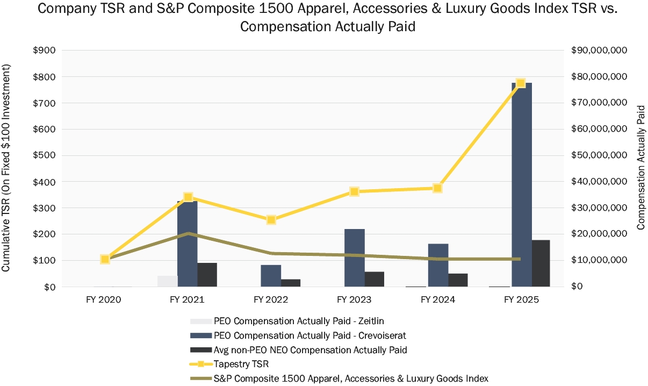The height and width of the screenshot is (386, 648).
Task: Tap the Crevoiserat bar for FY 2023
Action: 355,258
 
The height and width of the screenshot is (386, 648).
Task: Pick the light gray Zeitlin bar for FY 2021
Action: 167,281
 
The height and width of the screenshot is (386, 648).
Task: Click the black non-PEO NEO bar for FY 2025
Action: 541,263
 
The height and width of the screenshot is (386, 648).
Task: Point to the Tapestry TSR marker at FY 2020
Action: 105,259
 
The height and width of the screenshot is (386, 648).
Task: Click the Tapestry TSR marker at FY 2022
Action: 271,220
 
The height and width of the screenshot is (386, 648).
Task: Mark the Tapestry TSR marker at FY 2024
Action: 437,188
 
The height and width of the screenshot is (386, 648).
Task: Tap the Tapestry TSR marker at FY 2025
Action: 520,83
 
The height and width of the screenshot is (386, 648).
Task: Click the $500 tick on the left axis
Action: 44,155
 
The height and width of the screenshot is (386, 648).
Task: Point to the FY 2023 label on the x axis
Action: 354,299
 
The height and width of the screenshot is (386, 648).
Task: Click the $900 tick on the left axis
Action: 44,51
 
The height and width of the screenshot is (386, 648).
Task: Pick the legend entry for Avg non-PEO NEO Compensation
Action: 310,350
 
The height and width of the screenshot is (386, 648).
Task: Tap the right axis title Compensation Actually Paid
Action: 640,168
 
